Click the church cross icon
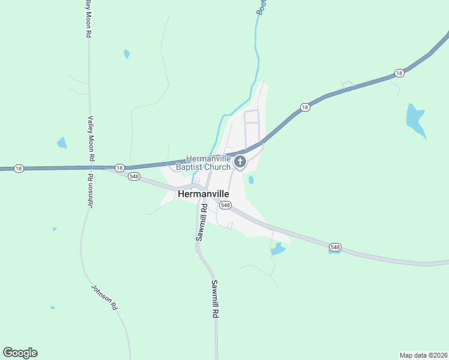(240, 161)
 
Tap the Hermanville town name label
(208, 194)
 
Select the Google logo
(20, 353)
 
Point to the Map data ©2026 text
(423, 355)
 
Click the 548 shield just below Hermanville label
(225, 205)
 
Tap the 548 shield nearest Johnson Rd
(134, 176)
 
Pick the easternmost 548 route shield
(335, 247)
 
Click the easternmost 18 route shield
(399, 73)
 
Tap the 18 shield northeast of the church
(305, 107)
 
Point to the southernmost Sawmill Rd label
(215, 299)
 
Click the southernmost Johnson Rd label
(103, 296)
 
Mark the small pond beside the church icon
(251, 179)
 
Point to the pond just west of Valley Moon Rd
(62, 143)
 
